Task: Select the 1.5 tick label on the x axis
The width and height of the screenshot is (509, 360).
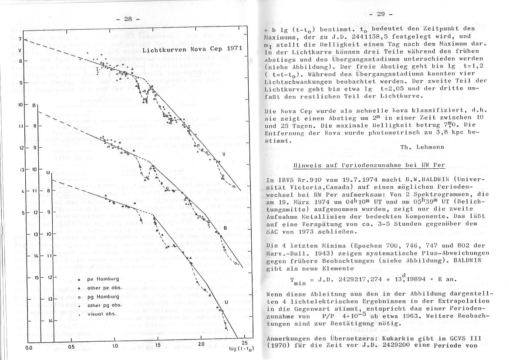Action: point(158,345)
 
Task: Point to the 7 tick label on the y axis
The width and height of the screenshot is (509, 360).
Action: point(20,40)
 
